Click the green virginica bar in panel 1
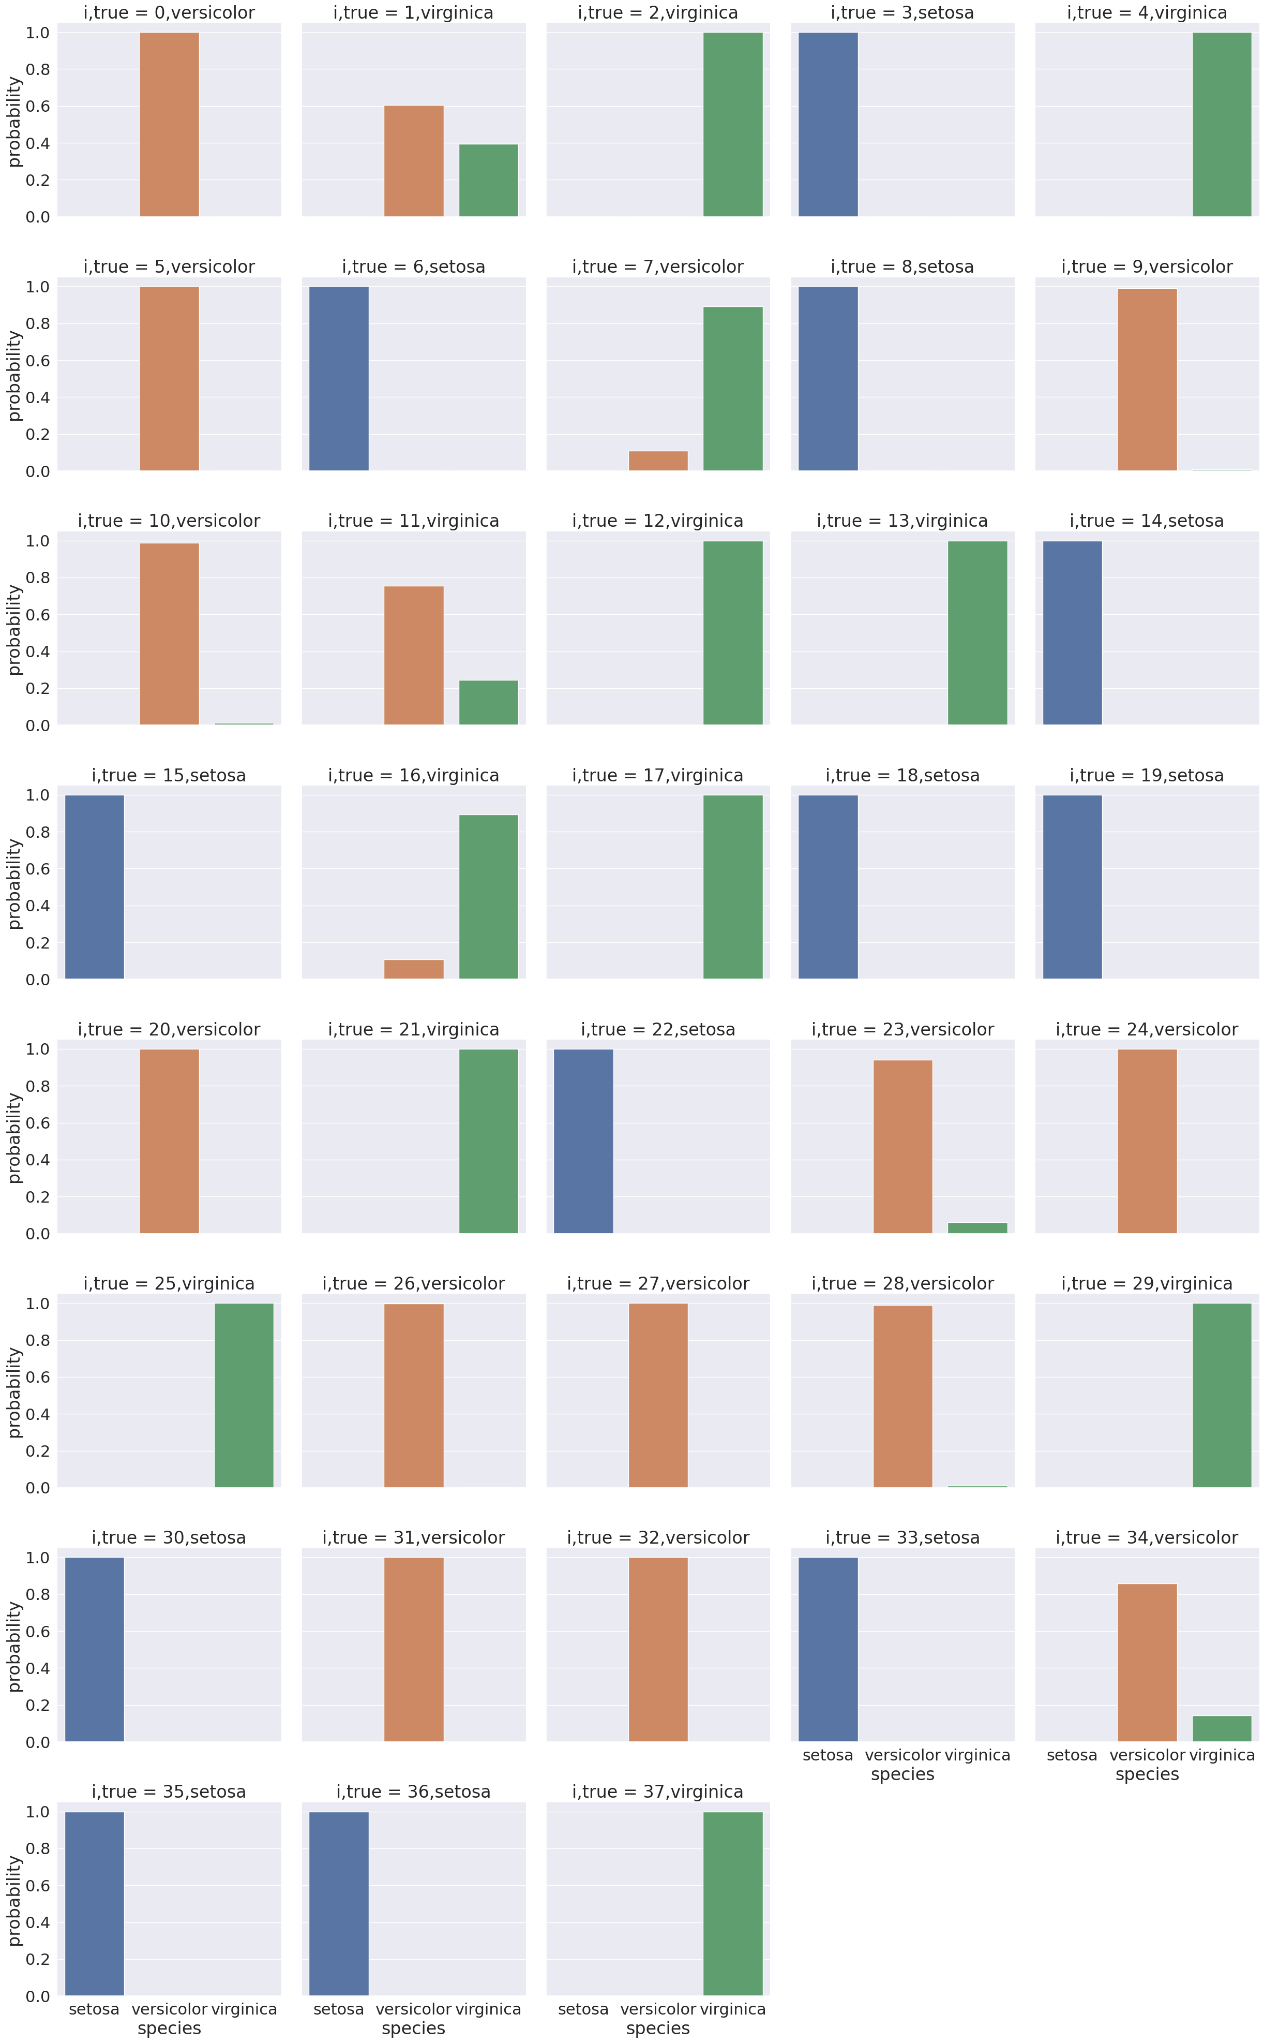[x=488, y=181]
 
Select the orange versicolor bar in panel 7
[x=658, y=461]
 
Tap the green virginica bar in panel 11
[x=488, y=702]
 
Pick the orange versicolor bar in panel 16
[x=414, y=969]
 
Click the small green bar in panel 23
[x=977, y=1227]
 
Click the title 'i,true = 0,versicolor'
[x=169, y=12]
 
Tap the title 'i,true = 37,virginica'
[x=658, y=1792]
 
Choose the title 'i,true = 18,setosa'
[x=902, y=775]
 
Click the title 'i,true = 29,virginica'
[x=1147, y=1284]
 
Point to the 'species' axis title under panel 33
[x=902, y=1774]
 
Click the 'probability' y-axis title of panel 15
[x=14, y=885]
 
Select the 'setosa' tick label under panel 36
[x=339, y=2009]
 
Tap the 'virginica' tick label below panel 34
[x=1222, y=1754]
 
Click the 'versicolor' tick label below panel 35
[x=169, y=2009]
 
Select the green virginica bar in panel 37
[x=732, y=1903]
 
